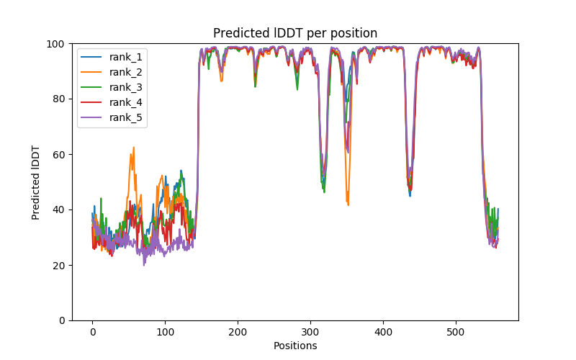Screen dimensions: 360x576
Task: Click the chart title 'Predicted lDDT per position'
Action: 295,33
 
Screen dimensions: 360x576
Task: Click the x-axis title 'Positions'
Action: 295,346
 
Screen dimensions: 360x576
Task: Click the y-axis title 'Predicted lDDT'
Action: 36,182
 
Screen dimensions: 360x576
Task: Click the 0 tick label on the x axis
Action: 92,331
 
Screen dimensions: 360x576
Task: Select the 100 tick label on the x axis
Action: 165,331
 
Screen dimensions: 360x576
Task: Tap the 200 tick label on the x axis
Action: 238,331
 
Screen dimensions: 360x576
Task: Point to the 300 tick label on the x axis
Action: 310,331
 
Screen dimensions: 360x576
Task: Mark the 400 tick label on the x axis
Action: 383,331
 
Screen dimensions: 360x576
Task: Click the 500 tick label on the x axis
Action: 456,331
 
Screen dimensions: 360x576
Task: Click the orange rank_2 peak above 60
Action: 133,148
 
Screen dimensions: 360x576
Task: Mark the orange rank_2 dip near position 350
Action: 348,204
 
